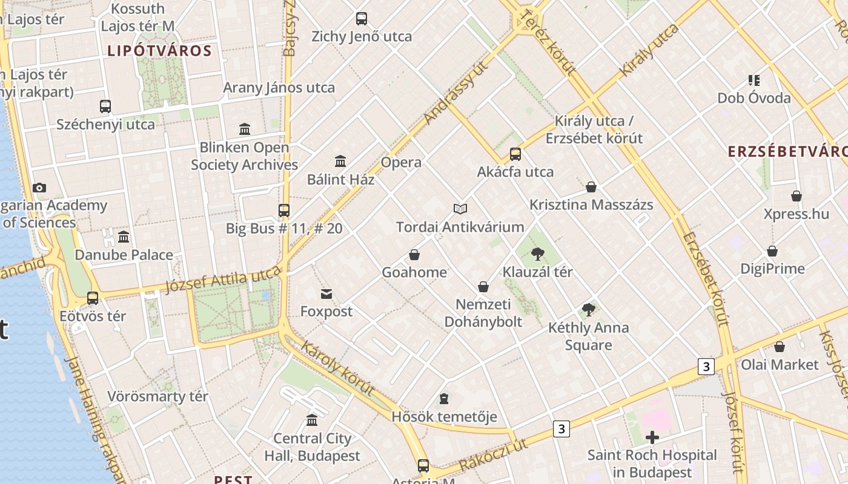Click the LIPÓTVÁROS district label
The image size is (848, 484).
(159, 51)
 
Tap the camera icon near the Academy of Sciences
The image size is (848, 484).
(39, 188)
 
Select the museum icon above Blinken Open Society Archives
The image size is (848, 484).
(245, 129)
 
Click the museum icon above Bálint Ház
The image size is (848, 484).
(340, 161)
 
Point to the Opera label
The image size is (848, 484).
(401, 162)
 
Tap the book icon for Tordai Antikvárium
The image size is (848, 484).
(460, 209)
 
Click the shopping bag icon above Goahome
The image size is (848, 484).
(414, 255)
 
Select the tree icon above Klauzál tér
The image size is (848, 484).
(537, 254)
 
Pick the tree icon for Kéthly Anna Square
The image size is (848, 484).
(588, 310)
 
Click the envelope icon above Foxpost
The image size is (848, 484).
(326, 294)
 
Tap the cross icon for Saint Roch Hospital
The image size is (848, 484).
(652, 437)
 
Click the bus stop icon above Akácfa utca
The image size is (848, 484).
(515, 154)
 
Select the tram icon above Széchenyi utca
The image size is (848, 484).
(105, 106)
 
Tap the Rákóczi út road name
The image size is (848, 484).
(494, 456)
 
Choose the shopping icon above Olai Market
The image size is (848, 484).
(780, 347)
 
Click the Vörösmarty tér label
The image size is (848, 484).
(157, 396)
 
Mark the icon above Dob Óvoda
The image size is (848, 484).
(754, 80)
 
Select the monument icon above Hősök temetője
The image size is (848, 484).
(444, 399)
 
